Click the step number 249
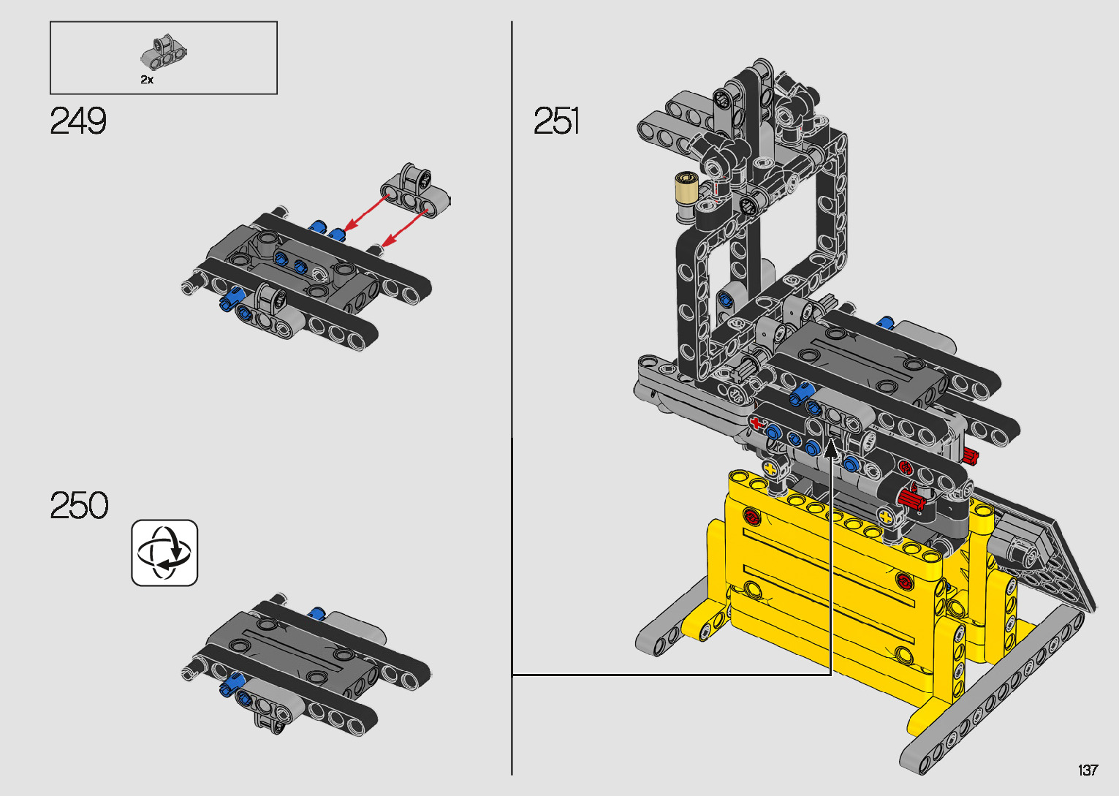click(x=78, y=121)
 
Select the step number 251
click(x=556, y=121)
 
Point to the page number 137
click(x=1088, y=770)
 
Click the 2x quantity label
click(x=147, y=80)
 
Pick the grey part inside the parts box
click(x=164, y=53)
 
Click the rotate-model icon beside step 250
click(x=164, y=553)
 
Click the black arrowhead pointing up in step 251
click(x=831, y=448)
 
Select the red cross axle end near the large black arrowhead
click(x=756, y=423)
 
